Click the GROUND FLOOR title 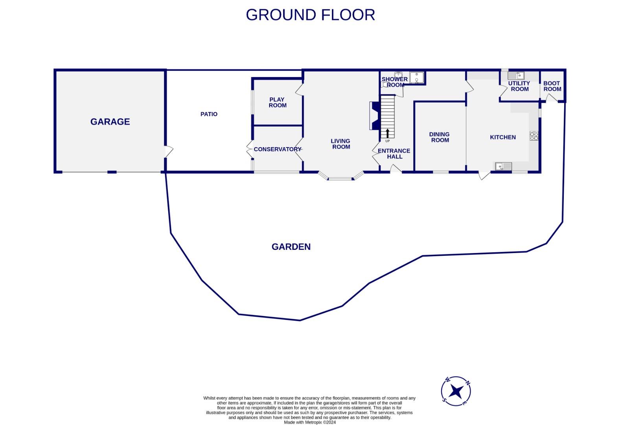(x=310, y=15)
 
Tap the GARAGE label (x=110, y=122)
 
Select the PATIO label (x=209, y=114)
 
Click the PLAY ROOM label (x=278, y=102)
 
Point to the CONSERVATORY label (x=277, y=149)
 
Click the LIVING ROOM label (x=340, y=144)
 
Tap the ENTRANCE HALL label (x=394, y=153)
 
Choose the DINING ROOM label (x=440, y=137)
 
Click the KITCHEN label (x=503, y=137)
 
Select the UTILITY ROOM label (x=519, y=86)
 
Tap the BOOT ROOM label (x=552, y=86)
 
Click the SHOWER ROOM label (x=394, y=82)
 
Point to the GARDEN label (x=291, y=247)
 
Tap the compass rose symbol (x=456, y=391)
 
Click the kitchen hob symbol (x=534, y=136)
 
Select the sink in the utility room (x=516, y=76)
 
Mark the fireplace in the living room (x=374, y=116)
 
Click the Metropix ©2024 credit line (x=310, y=422)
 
